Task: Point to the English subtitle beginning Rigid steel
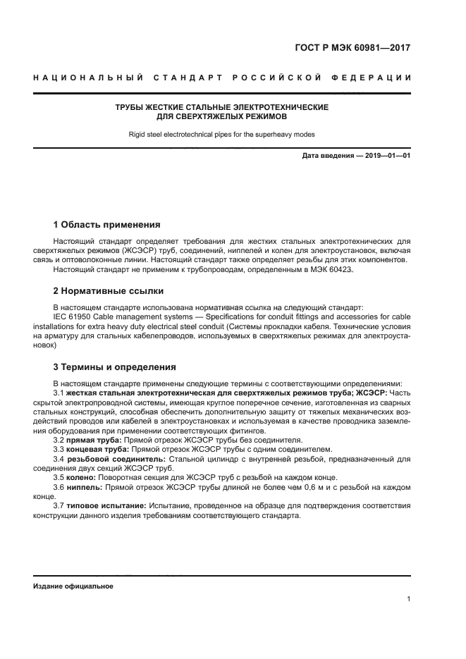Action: click(x=221, y=133)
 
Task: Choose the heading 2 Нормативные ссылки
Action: click(x=109, y=290)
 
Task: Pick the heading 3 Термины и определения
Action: click(x=115, y=367)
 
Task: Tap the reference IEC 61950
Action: click(x=75, y=316)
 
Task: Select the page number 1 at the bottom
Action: click(x=408, y=599)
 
